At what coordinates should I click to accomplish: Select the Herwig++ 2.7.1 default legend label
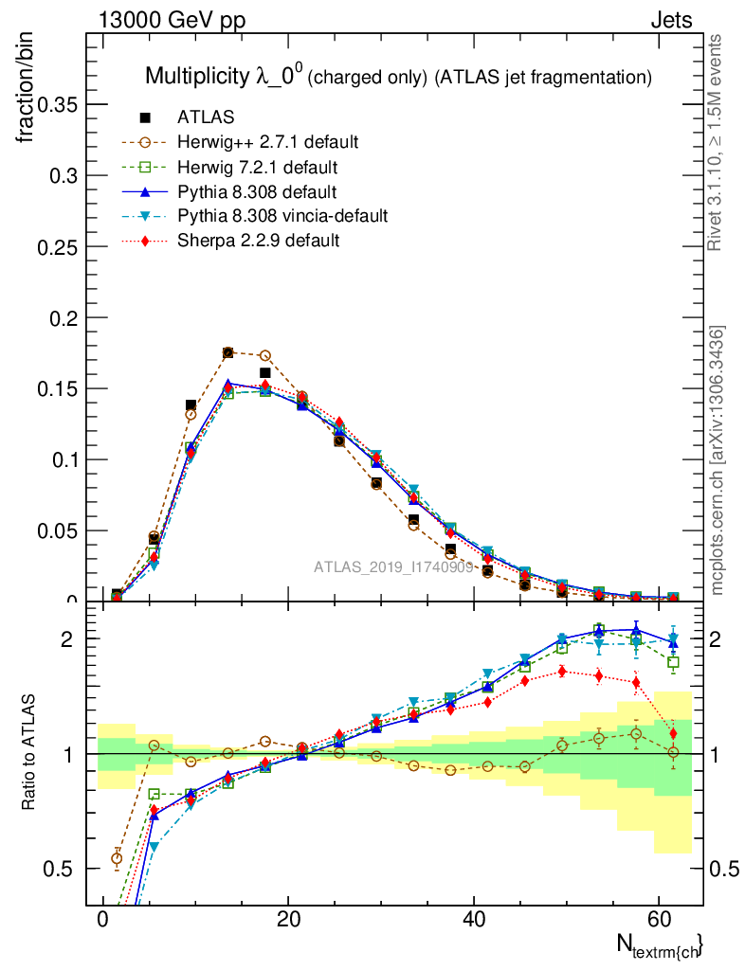[267, 142]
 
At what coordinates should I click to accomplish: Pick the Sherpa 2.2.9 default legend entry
[258, 241]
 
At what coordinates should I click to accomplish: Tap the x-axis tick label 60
[659, 921]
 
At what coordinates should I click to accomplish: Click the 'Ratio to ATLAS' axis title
[29, 753]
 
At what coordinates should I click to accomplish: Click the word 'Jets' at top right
[671, 20]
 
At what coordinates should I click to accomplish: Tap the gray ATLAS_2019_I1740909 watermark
[394, 567]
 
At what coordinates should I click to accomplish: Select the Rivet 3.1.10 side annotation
[718, 142]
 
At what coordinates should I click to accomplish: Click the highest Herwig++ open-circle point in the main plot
[227, 352]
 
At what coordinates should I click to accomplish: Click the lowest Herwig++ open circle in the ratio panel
[117, 859]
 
